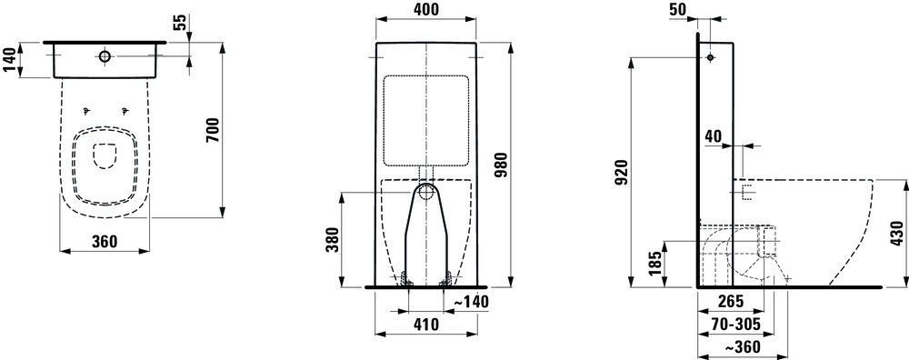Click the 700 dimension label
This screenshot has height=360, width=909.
click(x=212, y=130)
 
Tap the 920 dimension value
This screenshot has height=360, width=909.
click(x=620, y=173)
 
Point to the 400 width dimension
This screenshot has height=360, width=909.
click(x=426, y=10)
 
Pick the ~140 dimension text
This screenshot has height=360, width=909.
click(x=470, y=302)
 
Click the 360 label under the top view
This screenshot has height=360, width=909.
click(x=105, y=241)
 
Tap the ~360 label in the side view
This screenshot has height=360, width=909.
click(x=742, y=346)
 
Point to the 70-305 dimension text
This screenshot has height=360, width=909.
click(x=736, y=324)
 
